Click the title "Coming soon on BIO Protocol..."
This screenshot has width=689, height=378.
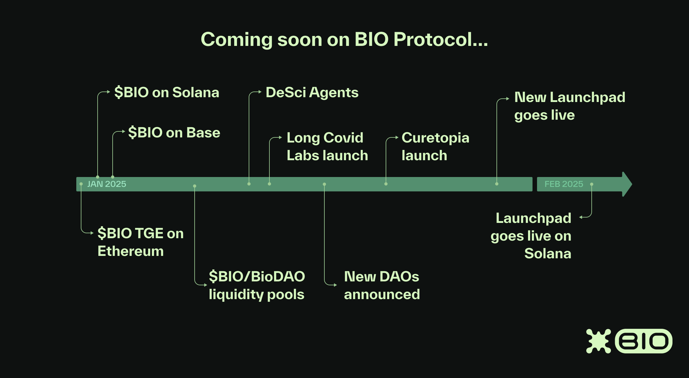pos(344,39)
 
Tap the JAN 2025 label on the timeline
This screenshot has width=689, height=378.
pos(107,184)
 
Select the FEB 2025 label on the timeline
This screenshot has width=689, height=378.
pos(564,184)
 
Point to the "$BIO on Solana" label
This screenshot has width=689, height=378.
pos(167,92)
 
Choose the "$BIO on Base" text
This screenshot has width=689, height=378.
pos(174,133)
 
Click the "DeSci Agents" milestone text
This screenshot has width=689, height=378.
pos(312,92)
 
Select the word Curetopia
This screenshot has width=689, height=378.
pos(435,138)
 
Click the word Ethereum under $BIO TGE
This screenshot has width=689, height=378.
pos(131,251)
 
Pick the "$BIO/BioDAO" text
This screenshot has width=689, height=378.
pos(257,276)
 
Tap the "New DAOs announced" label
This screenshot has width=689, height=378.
pos(382,285)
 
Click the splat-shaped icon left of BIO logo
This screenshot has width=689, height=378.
pos(598,341)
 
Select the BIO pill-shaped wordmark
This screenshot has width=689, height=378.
pos(643,341)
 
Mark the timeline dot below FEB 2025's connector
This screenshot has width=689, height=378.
pos(591,184)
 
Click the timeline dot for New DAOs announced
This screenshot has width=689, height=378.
pos(324,184)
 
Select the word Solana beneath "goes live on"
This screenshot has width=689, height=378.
pos(548,253)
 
